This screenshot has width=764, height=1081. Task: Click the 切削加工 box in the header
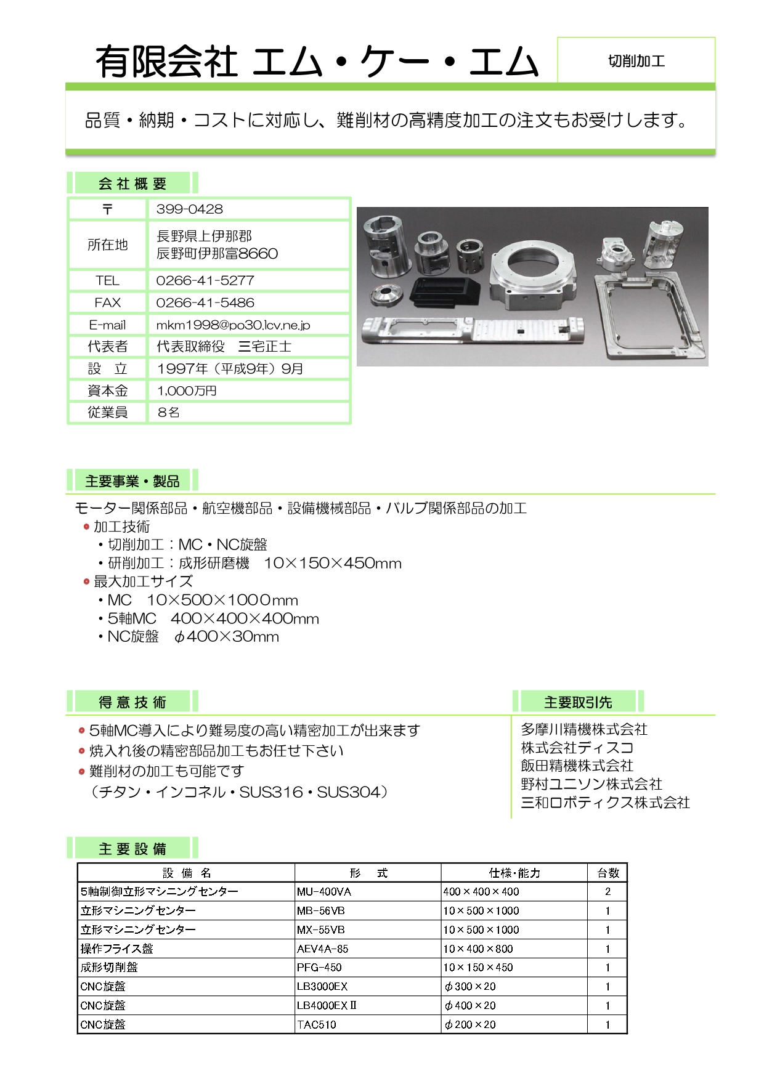(x=636, y=60)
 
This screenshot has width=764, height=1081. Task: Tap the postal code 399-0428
(x=190, y=209)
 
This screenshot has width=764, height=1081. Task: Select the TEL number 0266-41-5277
(x=205, y=281)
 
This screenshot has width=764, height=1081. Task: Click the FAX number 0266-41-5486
(x=205, y=303)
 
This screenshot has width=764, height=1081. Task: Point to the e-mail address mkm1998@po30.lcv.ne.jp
(x=233, y=325)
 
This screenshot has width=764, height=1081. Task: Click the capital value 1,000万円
(x=187, y=391)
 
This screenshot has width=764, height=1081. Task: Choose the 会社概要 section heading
(x=132, y=184)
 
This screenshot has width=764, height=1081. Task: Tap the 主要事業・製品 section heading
(x=132, y=481)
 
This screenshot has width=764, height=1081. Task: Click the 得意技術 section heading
(x=132, y=702)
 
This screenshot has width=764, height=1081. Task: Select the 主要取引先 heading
(x=578, y=702)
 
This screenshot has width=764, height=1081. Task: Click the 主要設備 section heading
(x=132, y=849)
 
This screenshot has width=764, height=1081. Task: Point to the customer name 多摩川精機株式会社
(x=584, y=730)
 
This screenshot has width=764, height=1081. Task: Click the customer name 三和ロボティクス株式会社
(x=605, y=803)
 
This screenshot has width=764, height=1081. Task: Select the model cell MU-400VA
(x=324, y=891)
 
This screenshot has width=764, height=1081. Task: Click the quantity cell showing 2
(x=608, y=891)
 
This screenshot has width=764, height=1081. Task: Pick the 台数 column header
(x=608, y=873)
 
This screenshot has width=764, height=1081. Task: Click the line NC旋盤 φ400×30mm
(x=193, y=637)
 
